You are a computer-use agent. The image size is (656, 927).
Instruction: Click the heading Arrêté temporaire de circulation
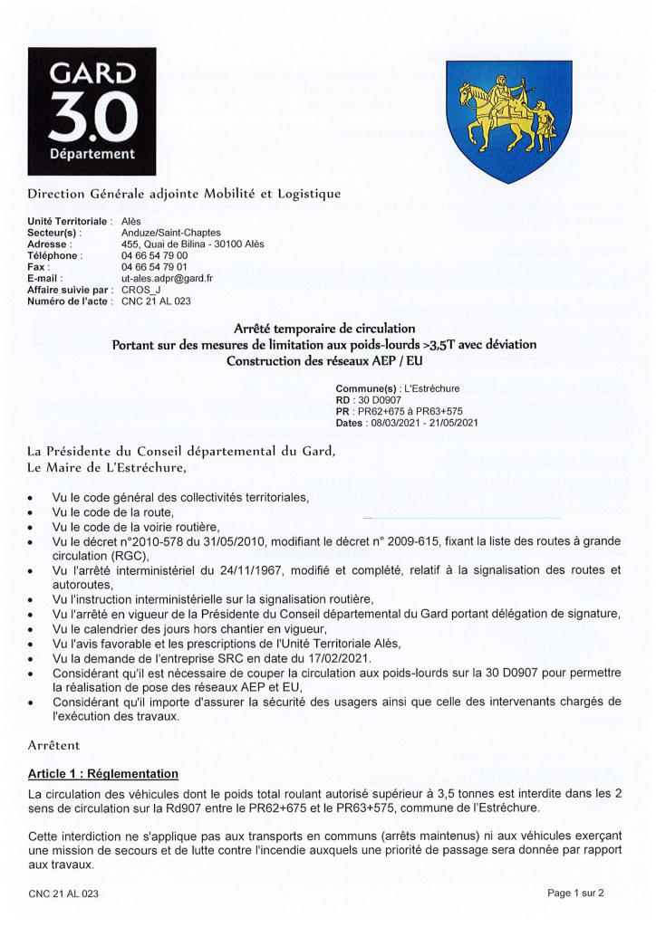[323, 327]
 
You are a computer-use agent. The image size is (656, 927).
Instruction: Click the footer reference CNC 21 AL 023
[63, 893]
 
